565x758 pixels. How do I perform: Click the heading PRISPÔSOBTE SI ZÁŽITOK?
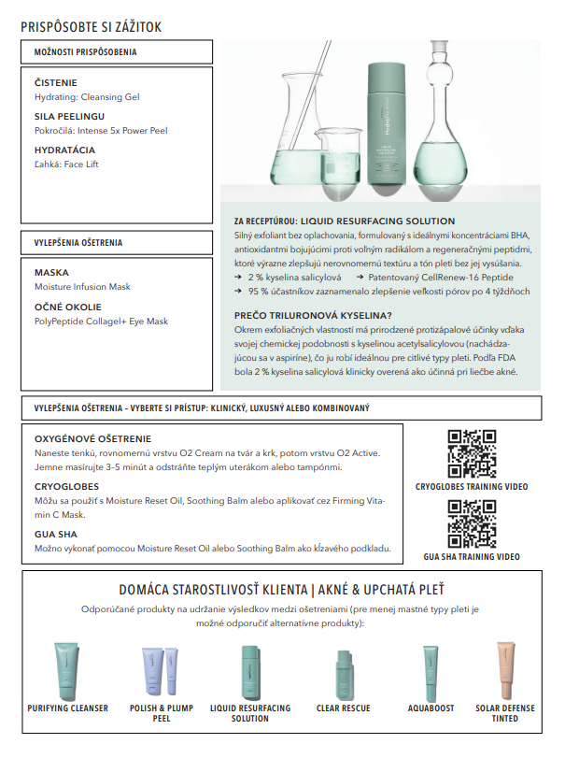point(91,27)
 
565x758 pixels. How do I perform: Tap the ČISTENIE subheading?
point(56,82)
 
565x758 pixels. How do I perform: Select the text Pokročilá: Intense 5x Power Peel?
point(101,131)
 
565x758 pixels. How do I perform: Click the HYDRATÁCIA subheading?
point(65,150)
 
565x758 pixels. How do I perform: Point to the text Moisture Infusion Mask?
point(83,287)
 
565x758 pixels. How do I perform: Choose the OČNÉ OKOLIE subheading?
point(68,307)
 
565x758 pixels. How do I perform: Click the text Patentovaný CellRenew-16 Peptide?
point(454,278)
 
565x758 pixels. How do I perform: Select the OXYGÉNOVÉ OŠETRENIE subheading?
point(92,438)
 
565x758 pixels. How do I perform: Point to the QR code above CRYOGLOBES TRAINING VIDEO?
point(471,452)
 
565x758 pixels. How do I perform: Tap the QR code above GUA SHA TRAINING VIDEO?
point(471,522)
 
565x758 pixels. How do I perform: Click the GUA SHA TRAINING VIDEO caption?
point(472,557)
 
